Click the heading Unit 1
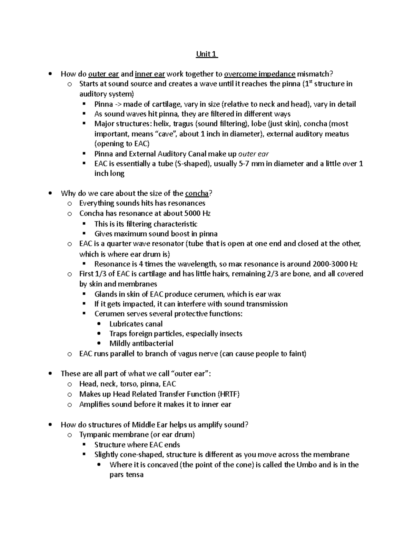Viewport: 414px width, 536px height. [206, 54]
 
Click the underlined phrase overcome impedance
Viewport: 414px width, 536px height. [259, 74]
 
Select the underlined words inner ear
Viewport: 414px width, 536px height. [150, 74]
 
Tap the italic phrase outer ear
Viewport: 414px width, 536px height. [254, 154]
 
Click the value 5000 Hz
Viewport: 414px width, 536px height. [198, 213]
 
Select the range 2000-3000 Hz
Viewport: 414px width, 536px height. [335, 264]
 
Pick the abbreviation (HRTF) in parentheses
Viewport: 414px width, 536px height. [228, 394]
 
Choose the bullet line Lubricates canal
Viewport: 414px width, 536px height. [136, 324]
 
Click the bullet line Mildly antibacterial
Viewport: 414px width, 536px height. [141, 343]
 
